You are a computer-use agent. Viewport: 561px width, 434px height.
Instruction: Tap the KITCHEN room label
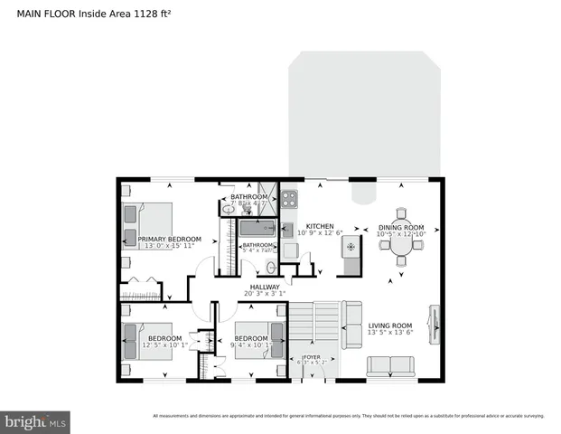[320, 226]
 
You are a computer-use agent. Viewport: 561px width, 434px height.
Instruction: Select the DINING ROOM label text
[400, 227]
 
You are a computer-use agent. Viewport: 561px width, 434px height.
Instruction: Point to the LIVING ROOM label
[390, 325]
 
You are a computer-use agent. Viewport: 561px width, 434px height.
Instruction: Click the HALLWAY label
[265, 287]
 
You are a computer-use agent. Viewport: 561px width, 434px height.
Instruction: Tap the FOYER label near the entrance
[311, 357]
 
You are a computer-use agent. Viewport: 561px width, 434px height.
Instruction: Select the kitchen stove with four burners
[289, 199]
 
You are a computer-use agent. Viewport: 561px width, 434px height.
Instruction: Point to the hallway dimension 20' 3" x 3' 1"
[265, 294]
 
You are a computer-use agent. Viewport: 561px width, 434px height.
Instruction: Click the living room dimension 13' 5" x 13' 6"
[390, 333]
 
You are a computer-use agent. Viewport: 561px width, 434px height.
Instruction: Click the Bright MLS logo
[36, 421]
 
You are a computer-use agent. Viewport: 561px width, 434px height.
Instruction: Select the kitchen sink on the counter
[288, 228]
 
